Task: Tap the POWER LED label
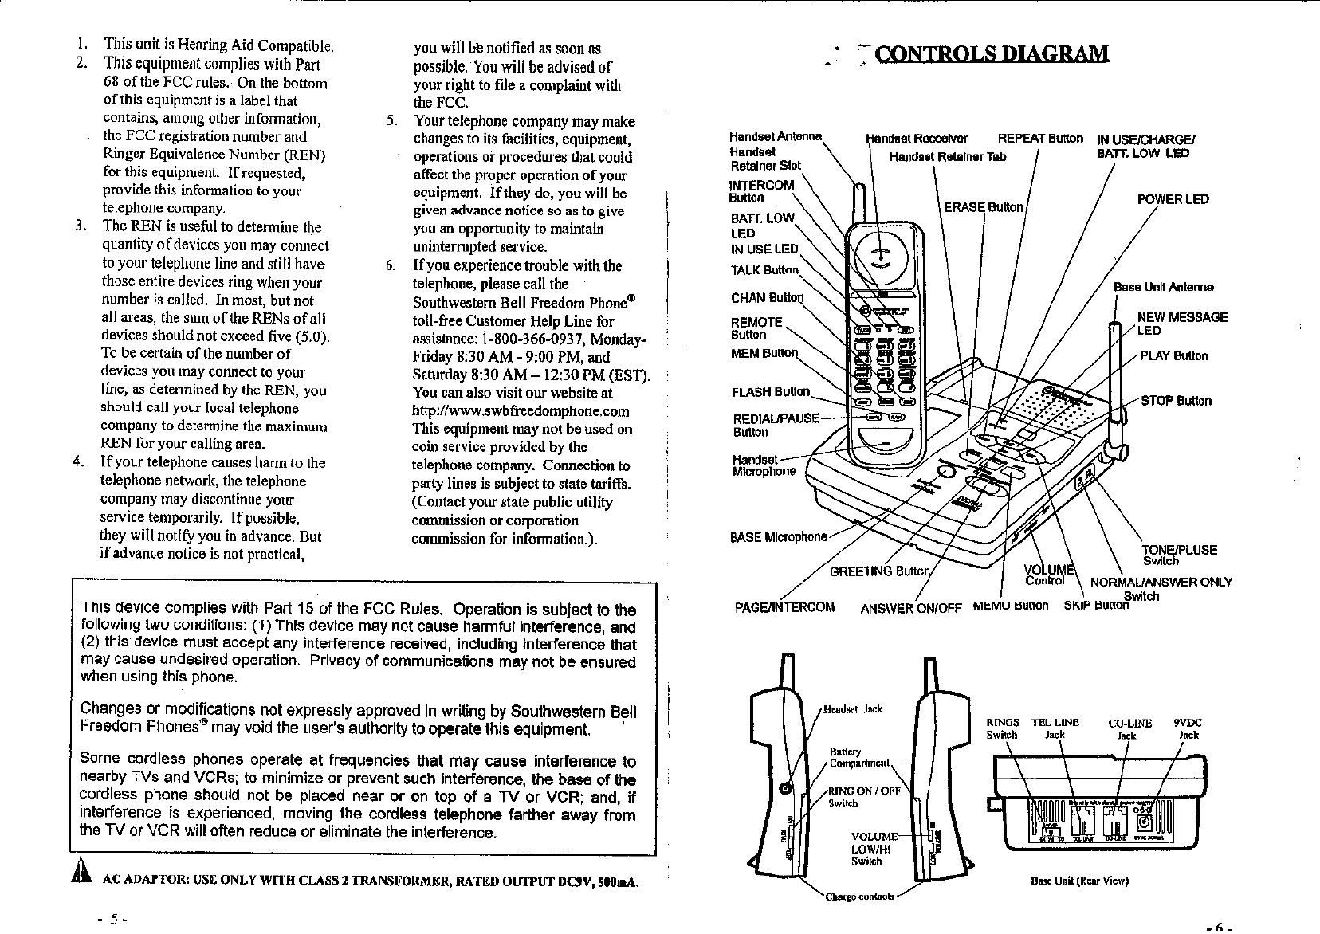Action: pos(1173,199)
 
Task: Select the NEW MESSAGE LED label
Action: pos(1181,323)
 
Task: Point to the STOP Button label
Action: pos(1176,400)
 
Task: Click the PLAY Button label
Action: pos(1173,355)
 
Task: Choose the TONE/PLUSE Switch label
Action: pos(1179,554)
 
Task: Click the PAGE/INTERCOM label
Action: pos(784,608)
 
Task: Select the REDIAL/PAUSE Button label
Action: pos(775,425)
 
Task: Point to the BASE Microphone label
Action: pos(778,536)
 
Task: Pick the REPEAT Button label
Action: pos(1040,138)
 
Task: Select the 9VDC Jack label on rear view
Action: pos(1188,728)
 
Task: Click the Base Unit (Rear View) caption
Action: pos(1079,881)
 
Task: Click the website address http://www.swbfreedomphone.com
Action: pos(521,411)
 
